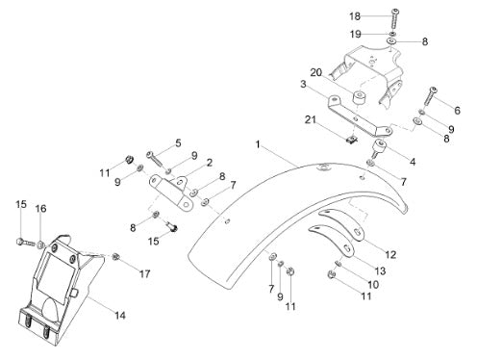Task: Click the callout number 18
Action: tap(355, 16)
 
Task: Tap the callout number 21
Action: tap(311, 120)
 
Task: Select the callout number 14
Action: tap(120, 316)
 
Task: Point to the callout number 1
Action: tap(258, 144)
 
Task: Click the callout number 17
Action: tap(144, 273)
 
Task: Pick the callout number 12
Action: tap(390, 254)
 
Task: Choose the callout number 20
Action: tap(316, 73)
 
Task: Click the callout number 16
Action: tap(40, 209)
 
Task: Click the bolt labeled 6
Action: tap(430, 95)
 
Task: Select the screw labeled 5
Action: tap(156, 159)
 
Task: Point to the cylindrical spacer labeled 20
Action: tap(360, 97)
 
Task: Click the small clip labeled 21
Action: tap(352, 140)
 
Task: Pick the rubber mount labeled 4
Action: tap(379, 147)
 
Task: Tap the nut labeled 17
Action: tap(115, 256)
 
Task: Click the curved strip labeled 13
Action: tap(332, 239)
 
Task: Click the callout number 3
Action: tap(303, 85)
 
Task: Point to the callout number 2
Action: tap(210, 163)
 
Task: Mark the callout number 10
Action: tap(373, 284)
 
